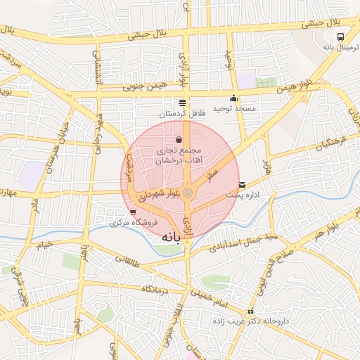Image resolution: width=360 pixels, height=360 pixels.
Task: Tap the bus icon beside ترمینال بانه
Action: coord(340,37)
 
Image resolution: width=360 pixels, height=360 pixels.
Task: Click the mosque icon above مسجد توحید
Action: coord(234,98)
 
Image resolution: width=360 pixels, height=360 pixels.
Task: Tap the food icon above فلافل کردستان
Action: coord(182,102)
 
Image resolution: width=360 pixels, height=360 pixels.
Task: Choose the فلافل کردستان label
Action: coord(181,113)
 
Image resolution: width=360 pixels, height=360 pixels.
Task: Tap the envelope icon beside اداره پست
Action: coord(243,185)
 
